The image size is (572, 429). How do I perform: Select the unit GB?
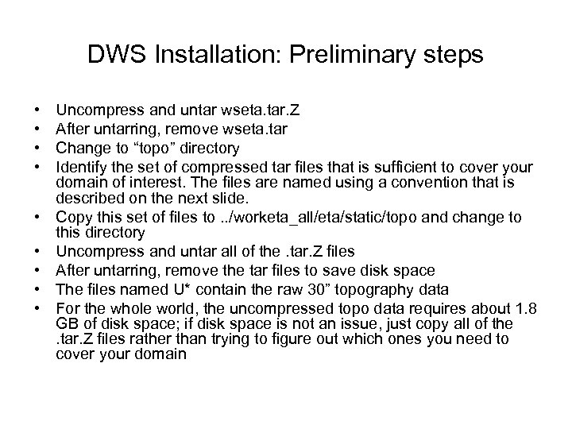[68, 324]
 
